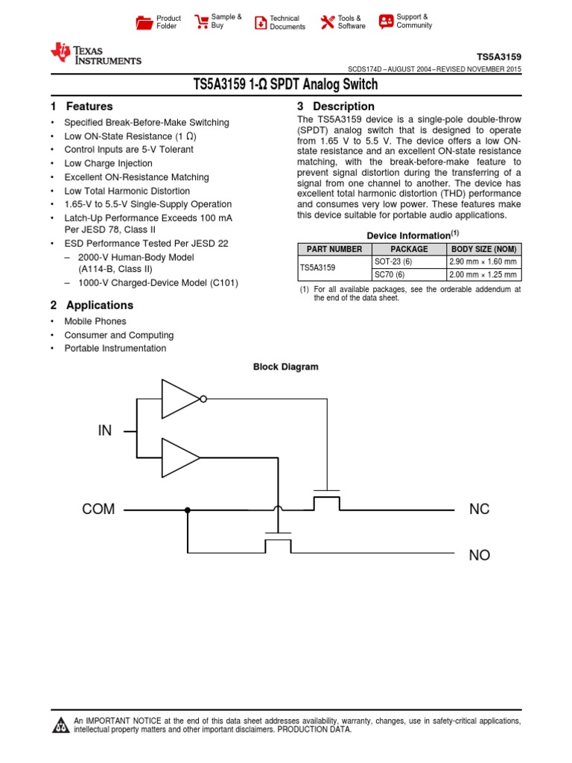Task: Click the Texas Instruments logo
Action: point(95,54)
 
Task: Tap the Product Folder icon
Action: point(144,22)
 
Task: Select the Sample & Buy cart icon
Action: point(201,22)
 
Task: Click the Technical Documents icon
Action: point(261,22)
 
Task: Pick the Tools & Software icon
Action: point(328,22)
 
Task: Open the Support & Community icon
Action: point(386,21)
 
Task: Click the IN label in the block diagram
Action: point(104,431)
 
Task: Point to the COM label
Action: point(98,510)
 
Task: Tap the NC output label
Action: point(480,510)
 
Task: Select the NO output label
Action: point(480,555)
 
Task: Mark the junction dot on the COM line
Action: point(187,510)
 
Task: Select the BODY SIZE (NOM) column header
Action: point(483,249)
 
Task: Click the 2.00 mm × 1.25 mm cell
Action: point(483,275)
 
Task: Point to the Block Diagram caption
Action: point(285,367)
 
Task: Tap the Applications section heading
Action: point(99,305)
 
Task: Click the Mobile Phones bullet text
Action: point(95,321)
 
